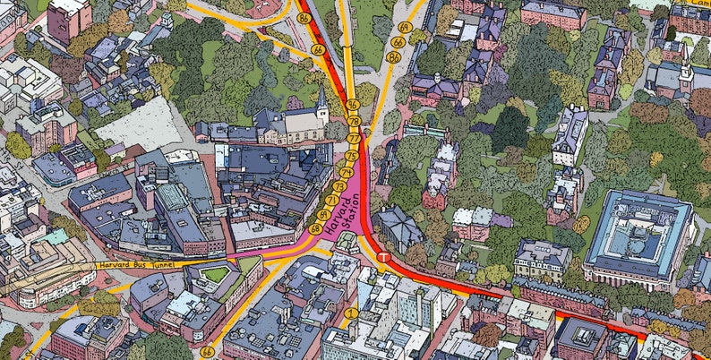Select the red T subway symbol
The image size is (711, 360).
tap(383, 258)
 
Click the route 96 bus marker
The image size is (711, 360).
tap(354, 105)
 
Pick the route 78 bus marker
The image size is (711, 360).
tap(355, 122)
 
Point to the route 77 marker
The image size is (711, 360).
tap(354, 139)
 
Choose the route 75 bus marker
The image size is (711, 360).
tap(351, 156)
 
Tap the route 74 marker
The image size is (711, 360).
tap(346, 171)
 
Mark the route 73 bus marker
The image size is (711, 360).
tap(338, 186)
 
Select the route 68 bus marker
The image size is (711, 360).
tap(314, 229)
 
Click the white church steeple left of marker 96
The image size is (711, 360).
tap(321, 96)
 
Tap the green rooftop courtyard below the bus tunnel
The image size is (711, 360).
tap(215, 273)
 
